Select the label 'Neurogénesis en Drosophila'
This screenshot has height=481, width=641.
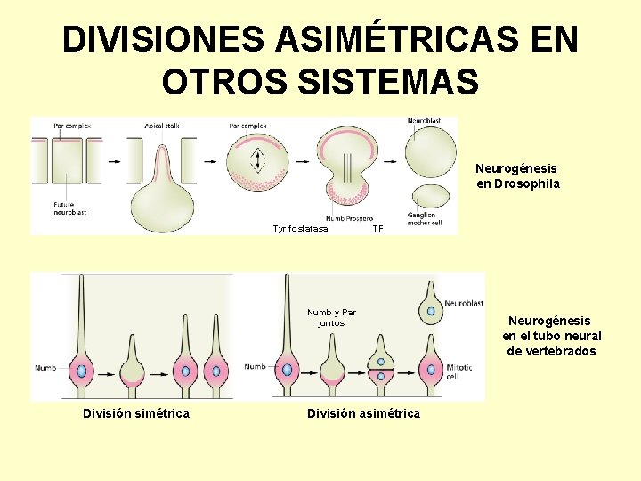517,175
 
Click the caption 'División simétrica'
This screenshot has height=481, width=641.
135,413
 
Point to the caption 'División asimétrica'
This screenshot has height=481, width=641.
363,413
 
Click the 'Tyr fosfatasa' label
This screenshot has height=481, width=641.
300,229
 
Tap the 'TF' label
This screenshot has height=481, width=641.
377,229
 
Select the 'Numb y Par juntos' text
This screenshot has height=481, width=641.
331,318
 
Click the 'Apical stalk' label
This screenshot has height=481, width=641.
162,126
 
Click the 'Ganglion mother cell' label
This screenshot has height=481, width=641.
425,219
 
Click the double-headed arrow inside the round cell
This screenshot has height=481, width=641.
258,161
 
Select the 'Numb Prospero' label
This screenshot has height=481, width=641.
349,218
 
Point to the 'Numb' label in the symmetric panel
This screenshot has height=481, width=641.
45,367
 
